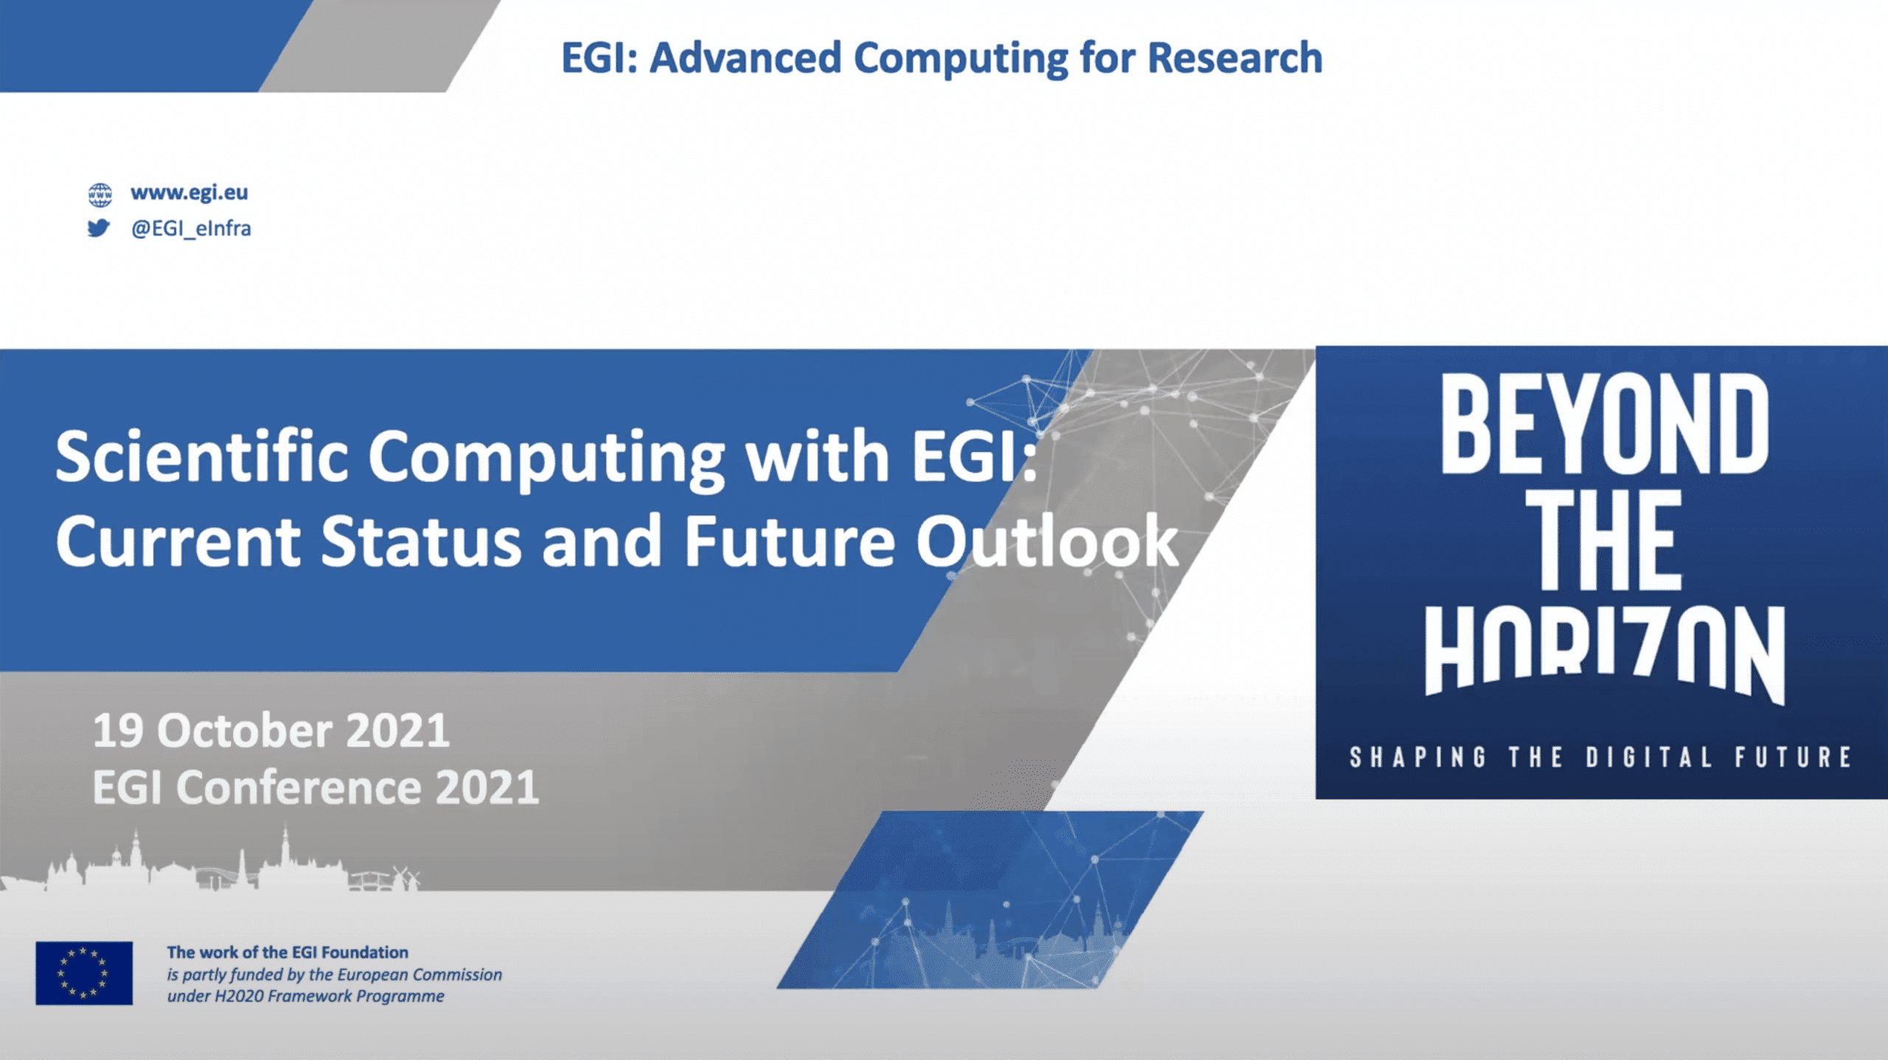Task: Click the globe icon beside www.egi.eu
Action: pos(100,195)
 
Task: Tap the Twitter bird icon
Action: pos(99,229)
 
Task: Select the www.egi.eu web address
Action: pos(190,193)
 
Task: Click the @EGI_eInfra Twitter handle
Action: pos(191,229)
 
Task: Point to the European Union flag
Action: pos(84,973)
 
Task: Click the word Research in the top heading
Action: pos(1235,58)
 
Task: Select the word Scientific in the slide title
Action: pos(201,458)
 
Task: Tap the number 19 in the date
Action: pos(118,731)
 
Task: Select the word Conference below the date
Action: pos(299,788)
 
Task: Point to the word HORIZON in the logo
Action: pos(1605,653)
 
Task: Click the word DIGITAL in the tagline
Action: pos(1649,758)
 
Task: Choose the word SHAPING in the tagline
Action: pos(1417,758)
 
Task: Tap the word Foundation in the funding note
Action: pos(364,952)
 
